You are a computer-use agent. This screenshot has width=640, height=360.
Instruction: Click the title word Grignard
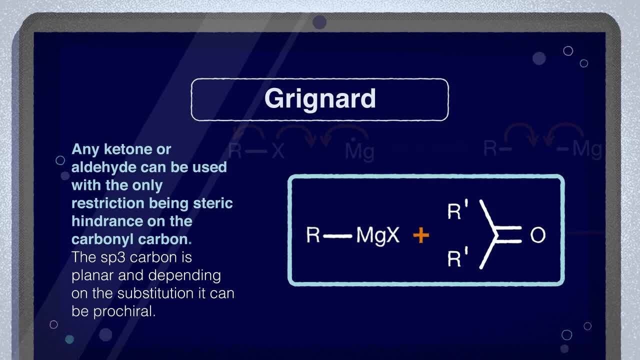tap(320, 99)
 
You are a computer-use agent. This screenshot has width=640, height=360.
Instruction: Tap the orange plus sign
tap(421, 235)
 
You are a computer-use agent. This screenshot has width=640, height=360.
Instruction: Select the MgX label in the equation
tap(377, 235)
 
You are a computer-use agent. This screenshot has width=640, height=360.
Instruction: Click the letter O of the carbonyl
tap(538, 235)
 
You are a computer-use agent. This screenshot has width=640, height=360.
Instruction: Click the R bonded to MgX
tap(313, 235)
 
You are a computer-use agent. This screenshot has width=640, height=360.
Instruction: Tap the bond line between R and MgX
tap(337, 236)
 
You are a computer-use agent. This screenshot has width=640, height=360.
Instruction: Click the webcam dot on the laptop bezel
tap(319, 22)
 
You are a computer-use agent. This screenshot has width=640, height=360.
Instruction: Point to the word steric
tap(213, 203)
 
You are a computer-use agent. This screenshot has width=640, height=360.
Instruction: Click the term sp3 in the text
tap(113, 257)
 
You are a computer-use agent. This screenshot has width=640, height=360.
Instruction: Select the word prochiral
tap(124, 311)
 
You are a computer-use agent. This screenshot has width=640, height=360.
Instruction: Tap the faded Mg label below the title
tap(359, 151)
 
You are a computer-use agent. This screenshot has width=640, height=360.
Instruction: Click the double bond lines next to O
tap(508, 235)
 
